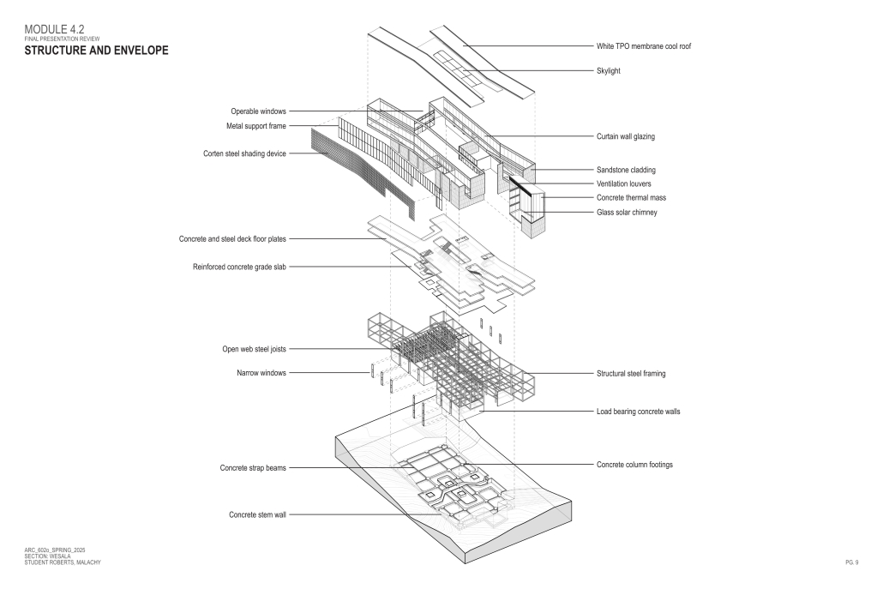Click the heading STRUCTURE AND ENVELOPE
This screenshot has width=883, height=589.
point(96,51)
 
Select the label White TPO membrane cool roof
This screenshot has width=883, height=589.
point(644,46)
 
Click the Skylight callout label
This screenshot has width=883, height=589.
point(608,71)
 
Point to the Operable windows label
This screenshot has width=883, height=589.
point(258,111)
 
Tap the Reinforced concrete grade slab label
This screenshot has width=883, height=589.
point(239,267)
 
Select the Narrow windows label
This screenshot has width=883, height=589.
point(261,373)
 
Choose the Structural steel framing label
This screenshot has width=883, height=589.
point(631,374)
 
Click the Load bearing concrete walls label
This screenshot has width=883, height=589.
point(639,412)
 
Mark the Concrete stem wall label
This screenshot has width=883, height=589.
point(257,515)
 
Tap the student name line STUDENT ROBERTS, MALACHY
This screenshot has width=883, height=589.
point(62,562)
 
